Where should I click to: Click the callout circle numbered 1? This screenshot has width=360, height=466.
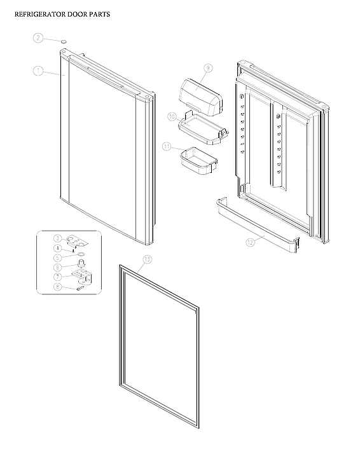(x=38, y=71)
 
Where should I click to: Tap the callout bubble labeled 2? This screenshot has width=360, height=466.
(x=38, y=38)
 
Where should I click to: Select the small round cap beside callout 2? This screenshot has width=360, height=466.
(x=64, y=41)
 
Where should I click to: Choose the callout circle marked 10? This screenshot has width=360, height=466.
(x=172, y=117)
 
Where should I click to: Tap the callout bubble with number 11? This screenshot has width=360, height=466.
(x=167, y=146)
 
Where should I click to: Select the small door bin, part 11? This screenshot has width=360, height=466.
(x=197, y=160)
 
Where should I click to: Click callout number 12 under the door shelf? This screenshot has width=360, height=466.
(x=250, y=242)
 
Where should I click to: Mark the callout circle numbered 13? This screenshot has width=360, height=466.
(x=148, y=259)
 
